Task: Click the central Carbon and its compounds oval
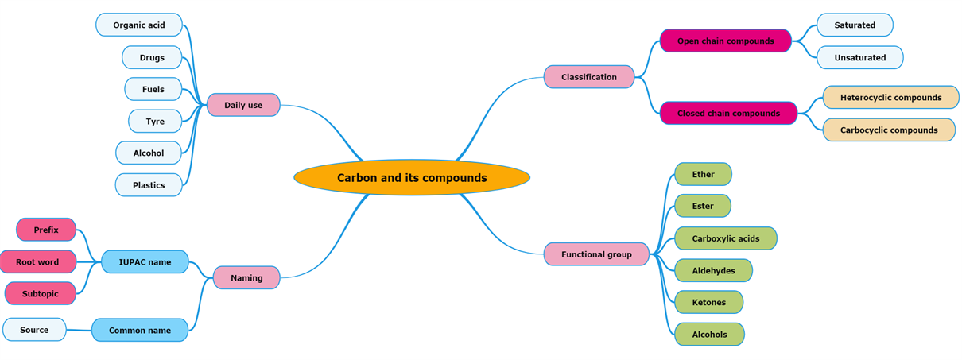(412, 178)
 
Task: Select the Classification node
(589, 77)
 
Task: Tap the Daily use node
(243, 105)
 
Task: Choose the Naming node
(246, 277)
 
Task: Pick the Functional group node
(596, 254)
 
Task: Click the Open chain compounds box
(725, 41)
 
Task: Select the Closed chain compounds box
(728, 113)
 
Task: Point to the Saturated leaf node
(855, 25)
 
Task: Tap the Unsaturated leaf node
(859, 57)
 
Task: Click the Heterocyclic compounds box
(890, 97)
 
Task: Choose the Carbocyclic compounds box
(889, 130)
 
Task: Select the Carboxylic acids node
(725, 238)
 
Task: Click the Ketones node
(708, 302)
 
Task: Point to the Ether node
(703, 174)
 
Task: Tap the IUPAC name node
(145, 261)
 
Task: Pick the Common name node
(140, 330)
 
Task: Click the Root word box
(37, 261)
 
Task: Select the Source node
(34, 330)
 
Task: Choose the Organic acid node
(139, 25)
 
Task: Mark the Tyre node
(155, 121)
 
